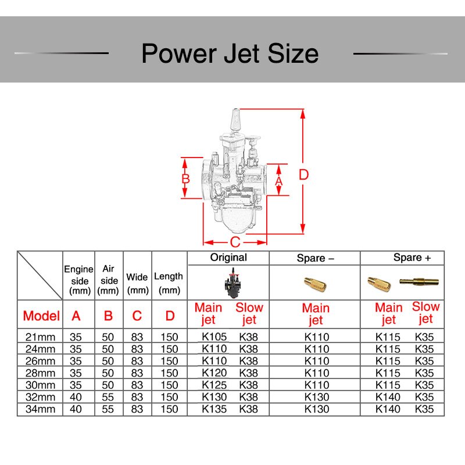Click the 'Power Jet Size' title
pyautogui.click(x=230, y=53)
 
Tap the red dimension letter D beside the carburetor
pyautogui.click(x=303, y=175)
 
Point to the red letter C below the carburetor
pyautogui.click(x=235, y=242)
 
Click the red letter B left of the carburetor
pyautogui.click(x=185, y=179)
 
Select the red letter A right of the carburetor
pyautogui.click(x=279, y=181)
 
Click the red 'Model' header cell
pyautogui.click(x=41, y=316)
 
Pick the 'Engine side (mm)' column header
pyautogui.click(x=79, y=280)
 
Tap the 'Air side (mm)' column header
pyautogui.click(x=108, y=280)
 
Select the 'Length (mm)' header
pyautogui.click(x=169, y=283)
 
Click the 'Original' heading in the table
pyautogui.click(x=228, y=257)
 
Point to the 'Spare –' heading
pyautogui.click(x=315, y=258)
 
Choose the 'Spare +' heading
pyautogui.click(x=412, y=257)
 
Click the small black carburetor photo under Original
pyautogui.click(x=232, y=283)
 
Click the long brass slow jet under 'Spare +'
pyautogui.click(x=419, y=281)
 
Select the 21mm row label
pyautogui.click(x=40, y=337)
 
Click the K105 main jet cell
pyautogui.click(x=214, y=337)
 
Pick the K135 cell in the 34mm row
pyautogui.click(x=214, y=409)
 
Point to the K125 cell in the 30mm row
pyautogui.click(x=214, y=385)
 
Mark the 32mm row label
pyautogui.click(x=40, y=397)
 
